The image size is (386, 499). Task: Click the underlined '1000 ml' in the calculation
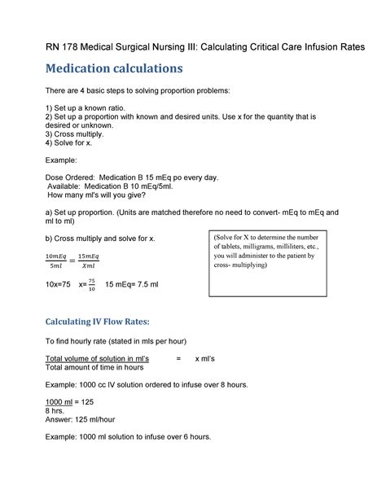(62, 401)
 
